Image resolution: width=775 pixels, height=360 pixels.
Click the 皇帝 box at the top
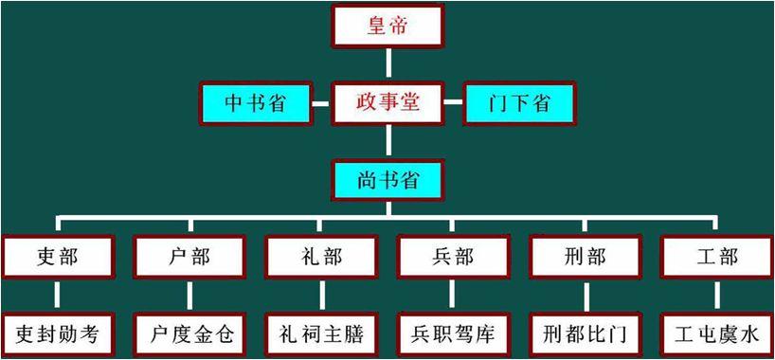[x=387, y=27]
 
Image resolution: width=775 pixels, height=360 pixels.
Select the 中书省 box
[x=255, y=103]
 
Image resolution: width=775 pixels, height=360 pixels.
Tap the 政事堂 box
[x=387, y=103]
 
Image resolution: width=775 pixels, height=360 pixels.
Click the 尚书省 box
[x=387, y=179]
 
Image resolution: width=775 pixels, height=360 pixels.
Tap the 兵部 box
[x=453, y=256]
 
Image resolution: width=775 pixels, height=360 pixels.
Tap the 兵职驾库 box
[x=453, y=333]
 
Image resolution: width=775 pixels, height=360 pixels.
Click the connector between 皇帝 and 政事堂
[x=387, y=64]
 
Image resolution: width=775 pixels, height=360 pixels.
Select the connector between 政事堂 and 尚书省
[x=387, y=141]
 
